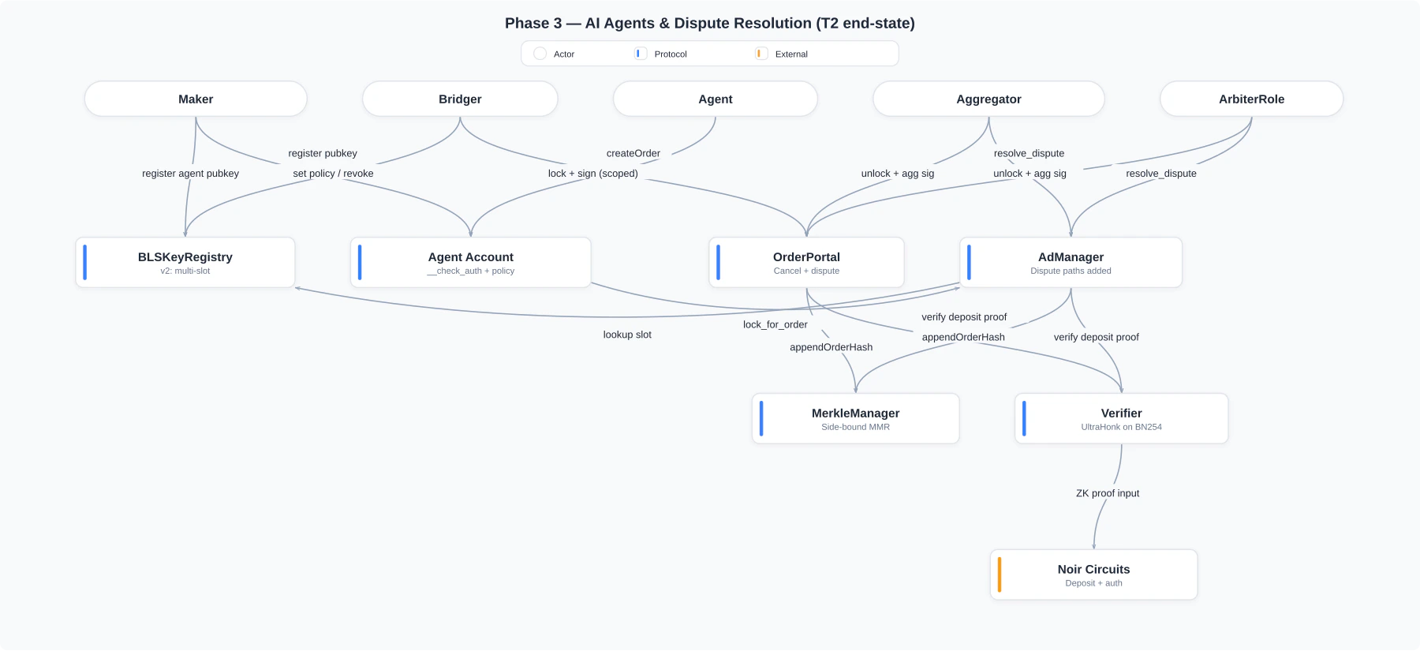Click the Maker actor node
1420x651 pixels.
click(x=196, y=99)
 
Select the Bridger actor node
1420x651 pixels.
click(x=460, y=99)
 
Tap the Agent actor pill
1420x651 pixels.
click(x=715, y=99)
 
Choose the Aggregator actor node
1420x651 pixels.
click(x=988, y=99)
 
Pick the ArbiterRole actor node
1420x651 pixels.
click(x=1251, y=99)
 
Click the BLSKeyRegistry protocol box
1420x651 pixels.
click(x=185, y=262)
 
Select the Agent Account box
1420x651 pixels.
click(x=470, y=262)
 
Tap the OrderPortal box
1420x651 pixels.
click(x=806, y=262)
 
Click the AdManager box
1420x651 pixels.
click(x=1071, y=262)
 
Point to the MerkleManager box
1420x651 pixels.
click(x=855, y=418)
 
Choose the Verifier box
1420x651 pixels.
click(x=1121, y=418)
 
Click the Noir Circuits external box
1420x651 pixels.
click(x=1093, y=574)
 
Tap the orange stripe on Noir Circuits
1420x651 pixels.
click(x=1000, y=574)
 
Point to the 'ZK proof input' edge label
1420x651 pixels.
click(x=1108, y=493)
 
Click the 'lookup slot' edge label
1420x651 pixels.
click(x=627, y=335)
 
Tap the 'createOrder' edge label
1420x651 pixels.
click(x=633, y=153)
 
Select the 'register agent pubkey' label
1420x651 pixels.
click(x=190, y=174)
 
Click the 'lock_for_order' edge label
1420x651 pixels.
click(x=775, y=324)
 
